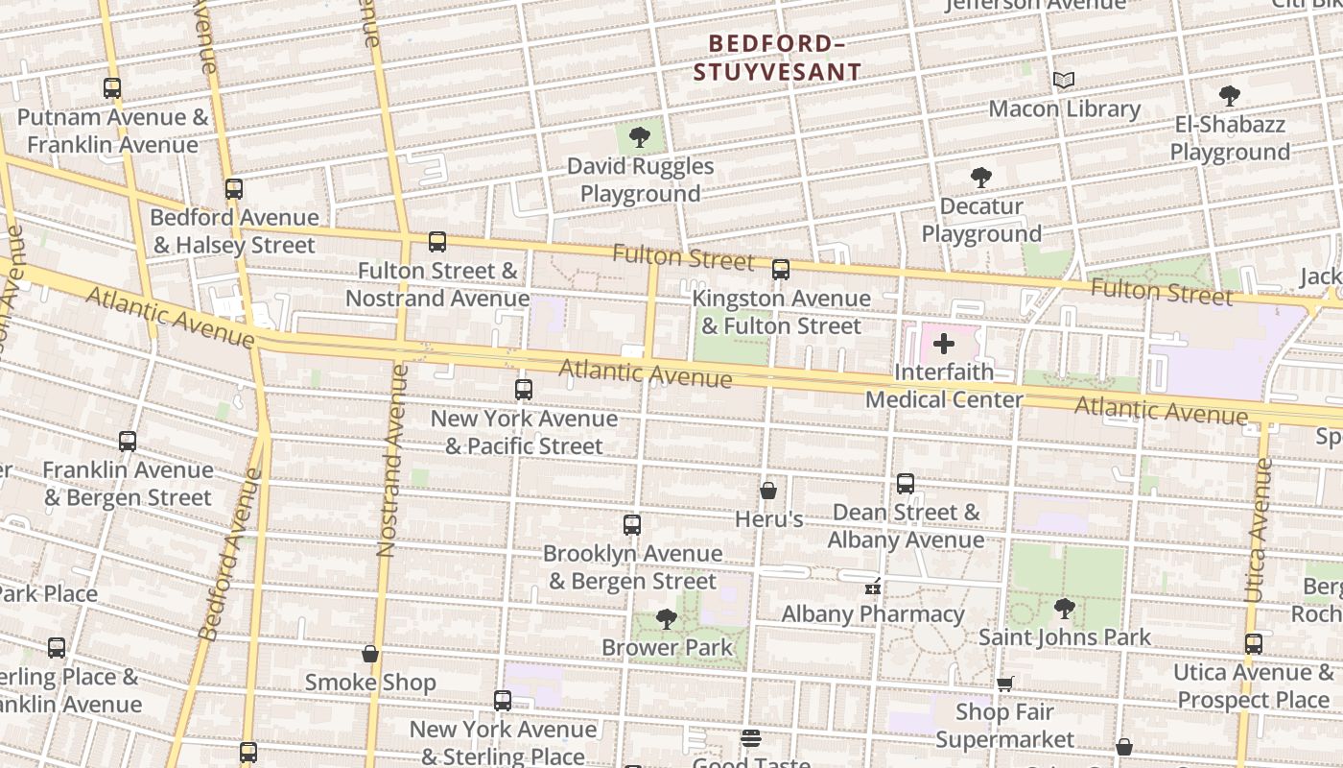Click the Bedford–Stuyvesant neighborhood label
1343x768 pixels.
pos(777,58)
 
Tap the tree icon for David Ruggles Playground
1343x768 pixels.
pos(640,137)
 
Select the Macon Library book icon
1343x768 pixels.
pos(1064,80)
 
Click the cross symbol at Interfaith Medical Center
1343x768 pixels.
pos(944,344)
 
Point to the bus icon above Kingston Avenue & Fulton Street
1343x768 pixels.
pos(781,270)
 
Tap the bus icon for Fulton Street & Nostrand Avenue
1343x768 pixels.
pos(437,242)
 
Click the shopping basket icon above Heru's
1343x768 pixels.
pos(768,491)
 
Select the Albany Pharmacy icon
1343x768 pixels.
pos(873,586)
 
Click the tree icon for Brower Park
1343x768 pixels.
pos(667,619)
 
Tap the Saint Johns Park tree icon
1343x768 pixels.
pos(1064,608)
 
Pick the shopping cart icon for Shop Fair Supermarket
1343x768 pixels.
pos(1004,684)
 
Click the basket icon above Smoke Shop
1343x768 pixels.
pos(370,655)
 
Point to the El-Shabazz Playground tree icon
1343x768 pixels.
pos(1230,96)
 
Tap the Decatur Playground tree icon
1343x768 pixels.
pos(980,178)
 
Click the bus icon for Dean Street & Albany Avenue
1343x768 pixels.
pos(906,484)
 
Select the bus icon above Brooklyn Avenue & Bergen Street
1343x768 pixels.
pos(631,525)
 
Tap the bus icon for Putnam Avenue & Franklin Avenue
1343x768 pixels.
pos(112,88)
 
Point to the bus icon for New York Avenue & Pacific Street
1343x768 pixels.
pos(524,390)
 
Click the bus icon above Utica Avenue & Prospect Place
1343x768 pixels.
pos(1254,644)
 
